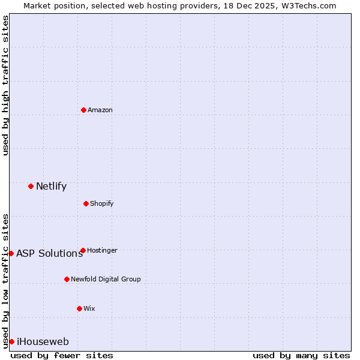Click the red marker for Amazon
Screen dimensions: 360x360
(x=83, y=110)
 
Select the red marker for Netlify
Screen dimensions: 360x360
(x=31, y=186)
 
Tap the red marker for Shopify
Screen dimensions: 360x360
(x=86, y=203)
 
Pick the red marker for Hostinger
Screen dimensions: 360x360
(x=83, y=250)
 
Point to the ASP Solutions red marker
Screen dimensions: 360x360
(x=11, y=253)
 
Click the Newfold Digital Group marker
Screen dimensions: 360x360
(x=67, y=279)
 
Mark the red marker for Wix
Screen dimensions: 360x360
(x=79, y=308)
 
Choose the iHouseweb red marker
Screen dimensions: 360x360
(x=11, y=341)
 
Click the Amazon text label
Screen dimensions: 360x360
(x=100, y=110)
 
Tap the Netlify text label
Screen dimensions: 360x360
(x=51, y=186)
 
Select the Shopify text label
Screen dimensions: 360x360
(x=101, y=203)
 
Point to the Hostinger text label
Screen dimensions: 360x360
(x=102, y=250)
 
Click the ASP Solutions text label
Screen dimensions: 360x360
(x=49, y=253)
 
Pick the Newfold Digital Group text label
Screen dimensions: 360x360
(x=106, y=279)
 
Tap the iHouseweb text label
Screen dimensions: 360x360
(x=43, y=341)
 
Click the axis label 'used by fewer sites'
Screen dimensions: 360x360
(x=62, y=355)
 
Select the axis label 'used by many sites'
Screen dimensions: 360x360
(x=301, y=355)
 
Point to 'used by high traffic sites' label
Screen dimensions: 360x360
(x=5, y=85)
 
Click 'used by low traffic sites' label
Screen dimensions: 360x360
(x=5, y=281)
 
